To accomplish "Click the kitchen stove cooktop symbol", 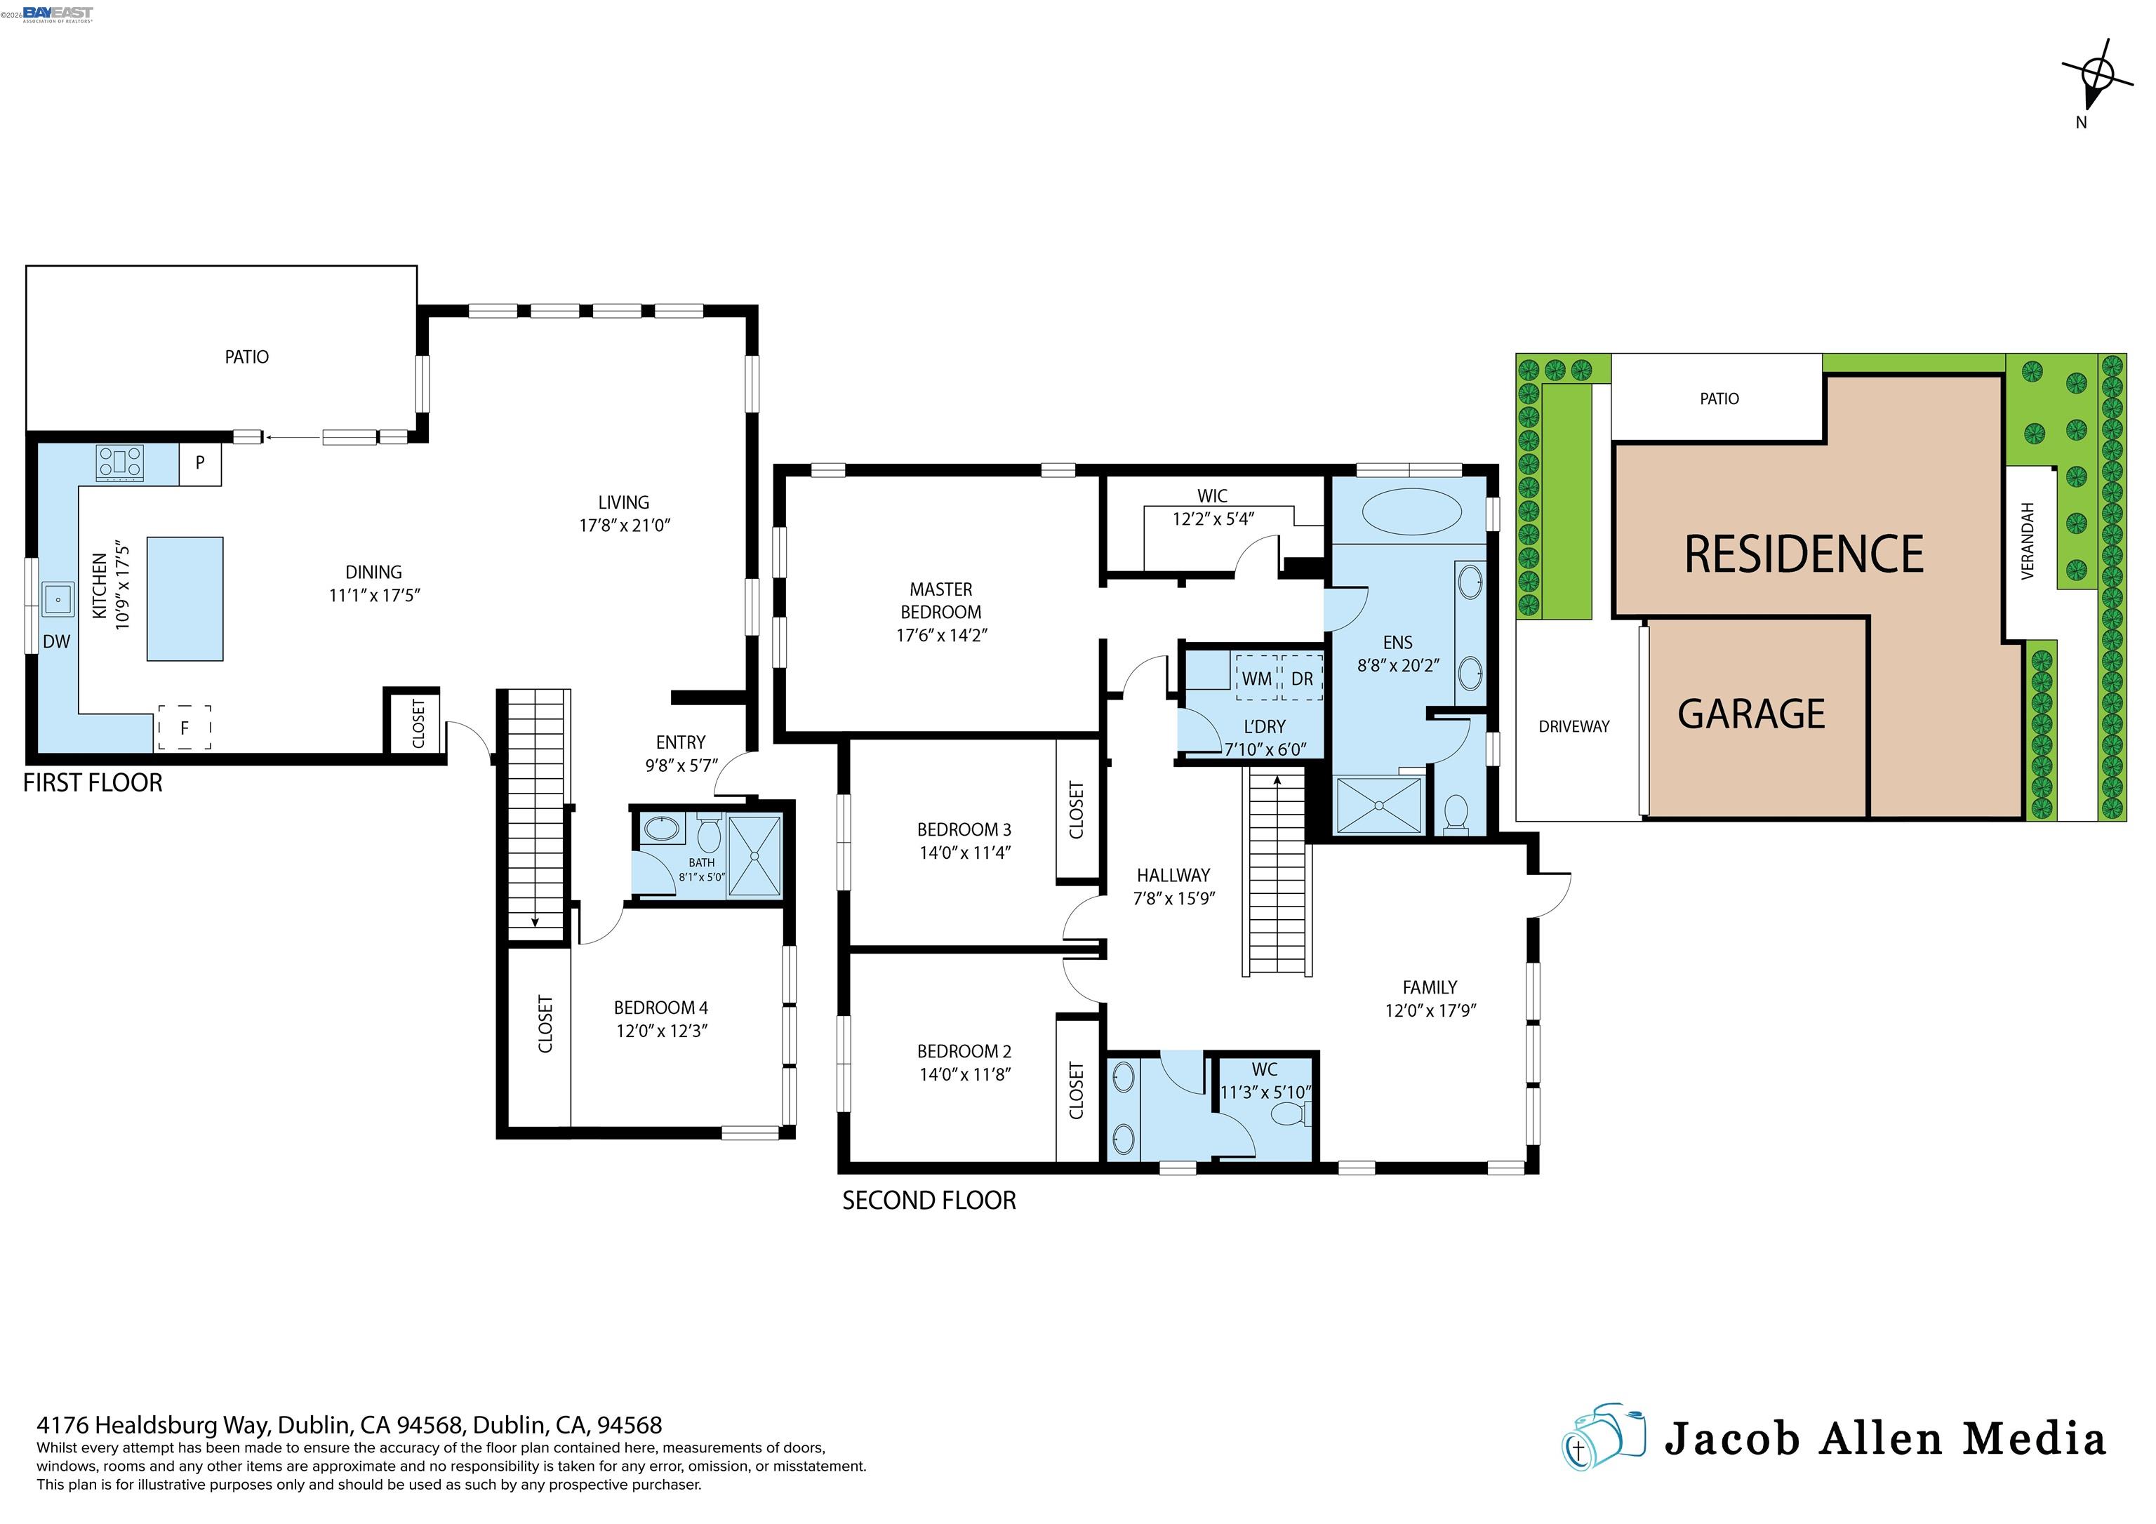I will [120, 463].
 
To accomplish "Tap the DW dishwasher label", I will [56, 642].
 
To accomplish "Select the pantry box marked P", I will [200, 464].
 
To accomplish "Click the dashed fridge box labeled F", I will [184, 728].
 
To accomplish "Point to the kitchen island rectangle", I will [185, 599].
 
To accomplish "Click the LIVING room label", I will [623, 502].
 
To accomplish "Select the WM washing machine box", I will [1256, 678].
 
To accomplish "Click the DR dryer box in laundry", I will [1301, 678].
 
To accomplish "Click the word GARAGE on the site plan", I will [1751, 714].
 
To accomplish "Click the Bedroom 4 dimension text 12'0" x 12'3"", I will [661, 1031].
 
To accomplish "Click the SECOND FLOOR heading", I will [929, 1201].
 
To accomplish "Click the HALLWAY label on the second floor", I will [1173, 875].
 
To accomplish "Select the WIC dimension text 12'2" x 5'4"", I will [1213, 519].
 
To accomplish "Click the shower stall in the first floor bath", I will [754, 855].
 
